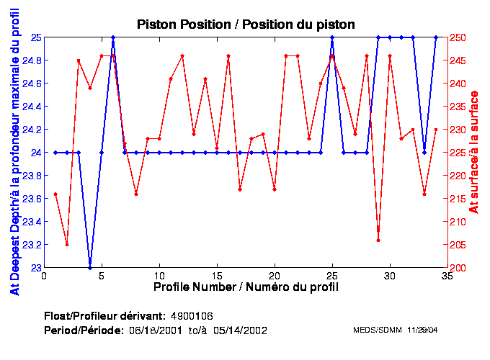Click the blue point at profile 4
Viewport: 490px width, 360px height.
tap(90, 267)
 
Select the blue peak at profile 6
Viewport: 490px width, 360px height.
tap(113, 37)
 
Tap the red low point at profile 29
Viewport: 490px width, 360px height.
tap(378, 240)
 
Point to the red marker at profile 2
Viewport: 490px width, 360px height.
tap(67, 245)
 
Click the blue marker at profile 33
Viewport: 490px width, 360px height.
tap(424, 152)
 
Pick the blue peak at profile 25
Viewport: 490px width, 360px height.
tap(332, 37)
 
